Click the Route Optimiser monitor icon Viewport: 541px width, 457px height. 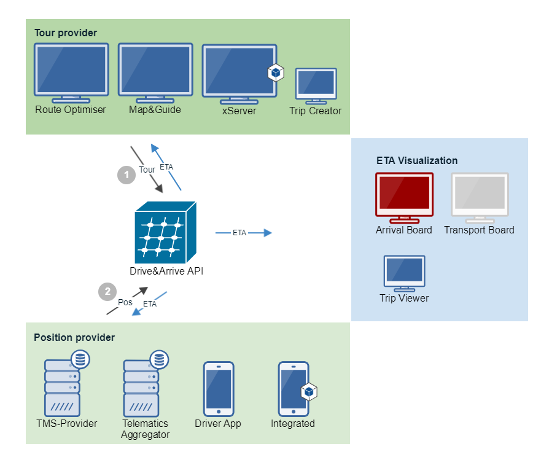tap(71, 73)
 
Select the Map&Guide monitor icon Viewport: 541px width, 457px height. tap(155, 73)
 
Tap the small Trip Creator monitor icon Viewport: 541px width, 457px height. tap(316, 86)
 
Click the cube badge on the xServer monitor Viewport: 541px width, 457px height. tap(276, 72)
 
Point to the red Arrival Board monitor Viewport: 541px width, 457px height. tap(405, 198)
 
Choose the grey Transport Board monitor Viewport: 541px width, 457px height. tap(480, 198)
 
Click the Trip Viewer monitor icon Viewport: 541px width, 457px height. tap(405, 273)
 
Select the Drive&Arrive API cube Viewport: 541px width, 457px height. tap(166, 232)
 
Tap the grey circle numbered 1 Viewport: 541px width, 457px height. tap(126, 175)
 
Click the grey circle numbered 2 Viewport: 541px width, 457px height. tap(107, 292)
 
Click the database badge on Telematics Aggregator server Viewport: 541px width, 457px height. tap(159, 360)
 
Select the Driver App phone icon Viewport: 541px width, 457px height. tap(219, 389)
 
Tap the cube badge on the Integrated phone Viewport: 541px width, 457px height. tap(309, 392)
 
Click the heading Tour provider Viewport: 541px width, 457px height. tap(66, 33)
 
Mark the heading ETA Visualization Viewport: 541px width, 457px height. tap(417, 160)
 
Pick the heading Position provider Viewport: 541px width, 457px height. tap(74, 337)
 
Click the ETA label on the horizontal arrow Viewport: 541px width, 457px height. tap(239, 233)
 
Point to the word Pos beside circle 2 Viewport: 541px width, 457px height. tap(125, 302)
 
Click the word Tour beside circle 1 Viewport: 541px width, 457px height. tap(147, 170)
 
